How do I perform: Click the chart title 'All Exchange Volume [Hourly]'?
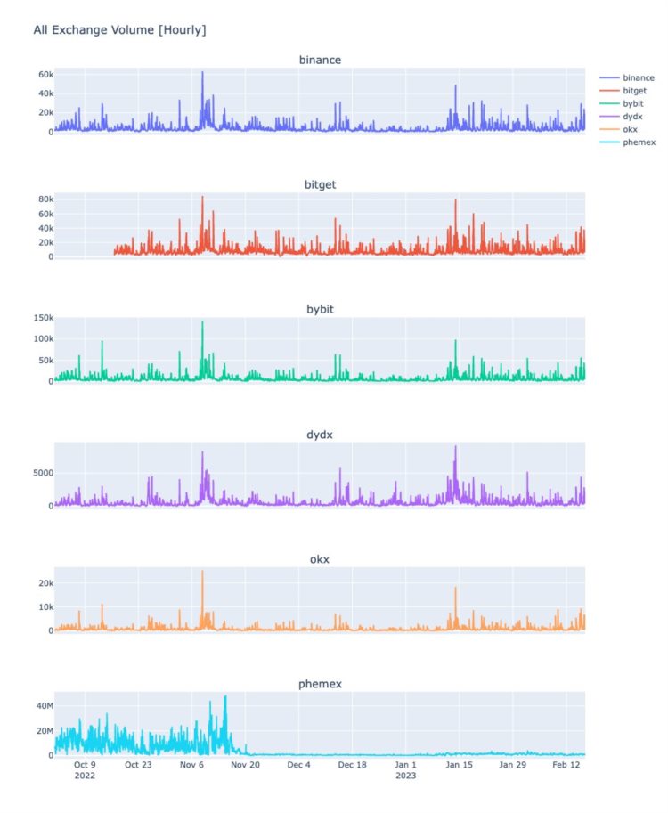119,30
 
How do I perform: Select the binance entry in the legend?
639,78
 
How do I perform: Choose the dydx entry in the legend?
633,117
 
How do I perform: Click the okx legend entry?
631,130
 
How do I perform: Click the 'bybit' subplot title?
320,309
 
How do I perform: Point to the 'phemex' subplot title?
320,684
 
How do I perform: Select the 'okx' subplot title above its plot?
320,559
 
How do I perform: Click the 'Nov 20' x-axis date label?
245,764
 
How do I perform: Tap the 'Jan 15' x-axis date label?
460,764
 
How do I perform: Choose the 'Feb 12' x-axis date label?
566,764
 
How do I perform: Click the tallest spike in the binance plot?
202,73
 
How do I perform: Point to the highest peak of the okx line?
202,572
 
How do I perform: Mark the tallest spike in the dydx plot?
455,447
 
